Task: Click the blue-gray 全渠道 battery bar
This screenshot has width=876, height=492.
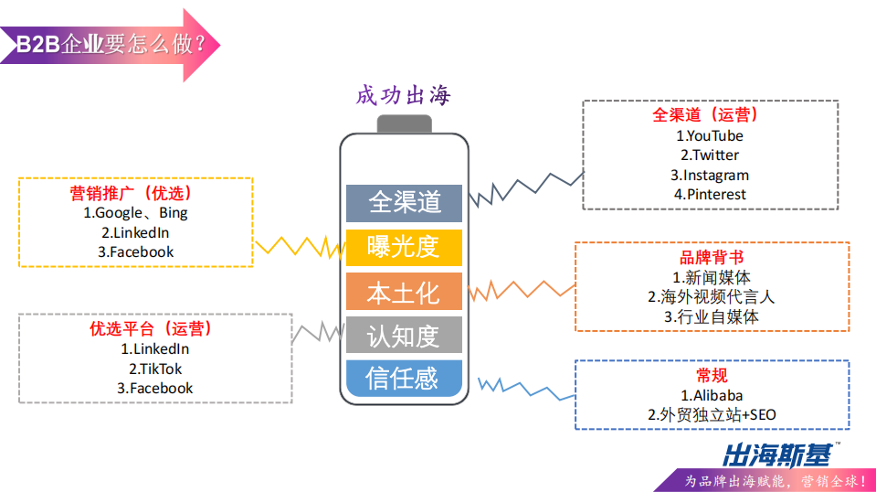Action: [404, 202]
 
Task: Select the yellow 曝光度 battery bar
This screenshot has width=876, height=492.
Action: [404, 247]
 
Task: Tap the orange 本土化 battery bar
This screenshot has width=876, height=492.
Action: [404, 292]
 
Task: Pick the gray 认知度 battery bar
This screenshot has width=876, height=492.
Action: [404, 335]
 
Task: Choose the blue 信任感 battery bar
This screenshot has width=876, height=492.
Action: [404, 378]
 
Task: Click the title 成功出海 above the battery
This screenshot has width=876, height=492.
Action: [404, 96]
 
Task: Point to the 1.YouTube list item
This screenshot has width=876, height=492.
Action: [710, 135]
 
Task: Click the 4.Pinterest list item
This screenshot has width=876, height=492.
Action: [710, 194]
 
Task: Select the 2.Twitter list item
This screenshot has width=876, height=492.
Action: [710, 155]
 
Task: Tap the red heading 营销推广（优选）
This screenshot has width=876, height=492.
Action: [136, 194]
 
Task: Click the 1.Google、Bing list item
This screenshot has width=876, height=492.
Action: [136, 213]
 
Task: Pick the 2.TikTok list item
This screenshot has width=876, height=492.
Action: [155, 369]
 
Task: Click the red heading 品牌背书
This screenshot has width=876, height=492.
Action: [712, 257]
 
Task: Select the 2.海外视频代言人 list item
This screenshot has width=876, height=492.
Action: [712, 296]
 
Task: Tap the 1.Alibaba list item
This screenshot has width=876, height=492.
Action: [712, 395]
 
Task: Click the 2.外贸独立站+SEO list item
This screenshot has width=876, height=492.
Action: [712, 415]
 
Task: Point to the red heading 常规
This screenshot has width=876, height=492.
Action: [712, 375]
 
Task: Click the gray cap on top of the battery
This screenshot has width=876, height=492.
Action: [404, 123]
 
